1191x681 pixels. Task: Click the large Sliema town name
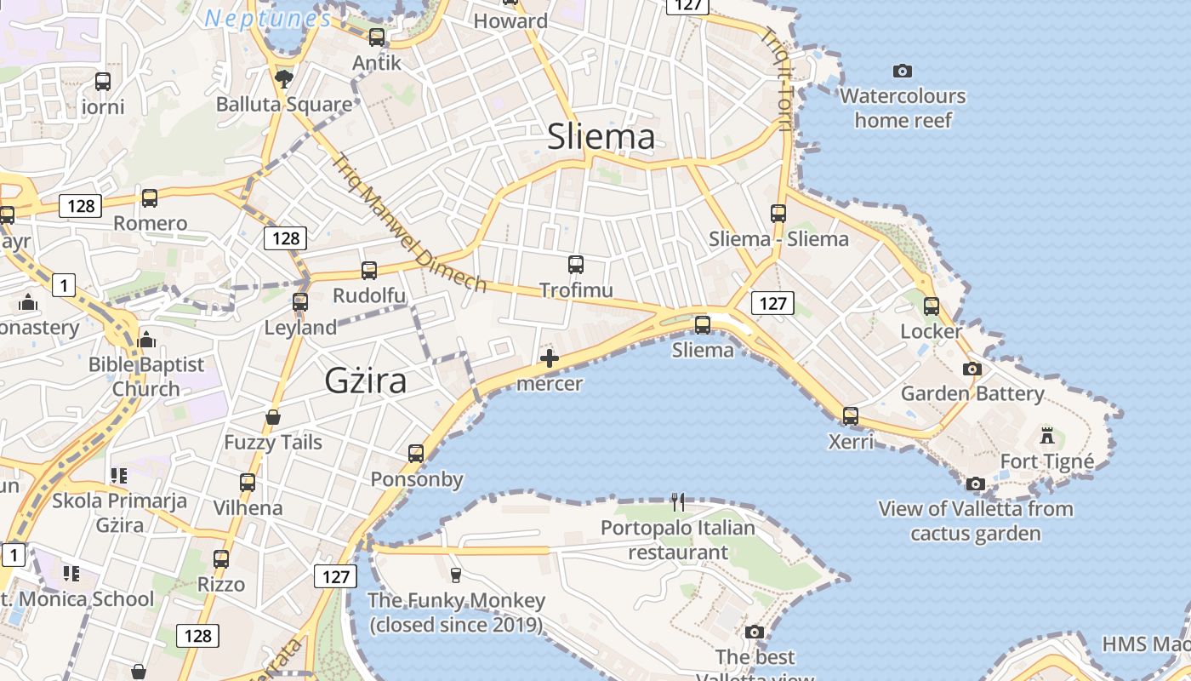point(601,136)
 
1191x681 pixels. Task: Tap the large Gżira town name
point(365,381)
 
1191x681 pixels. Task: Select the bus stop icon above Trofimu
point(576,265)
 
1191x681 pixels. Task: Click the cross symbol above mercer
point(550,358)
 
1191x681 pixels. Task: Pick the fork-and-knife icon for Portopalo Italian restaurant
point(677,502)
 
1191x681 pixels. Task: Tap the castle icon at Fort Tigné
point(1047,436)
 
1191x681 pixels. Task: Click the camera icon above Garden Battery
point(972,369)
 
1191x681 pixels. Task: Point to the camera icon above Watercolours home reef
point(903,71)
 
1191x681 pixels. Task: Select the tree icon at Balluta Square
point(284,79)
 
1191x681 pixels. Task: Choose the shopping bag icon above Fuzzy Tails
point(273,417)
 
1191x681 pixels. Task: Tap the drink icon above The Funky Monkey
point(455,575)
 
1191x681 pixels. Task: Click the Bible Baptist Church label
point(146,376)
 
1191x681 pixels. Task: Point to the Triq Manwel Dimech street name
point(408,223)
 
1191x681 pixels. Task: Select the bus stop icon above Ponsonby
point(416,454)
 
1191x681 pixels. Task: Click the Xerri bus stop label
point(851,442)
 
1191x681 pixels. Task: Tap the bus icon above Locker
point(932,306)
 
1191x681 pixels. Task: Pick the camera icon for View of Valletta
point(976,484)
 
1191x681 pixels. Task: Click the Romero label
point(150,224)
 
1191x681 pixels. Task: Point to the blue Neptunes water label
point(268,18)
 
